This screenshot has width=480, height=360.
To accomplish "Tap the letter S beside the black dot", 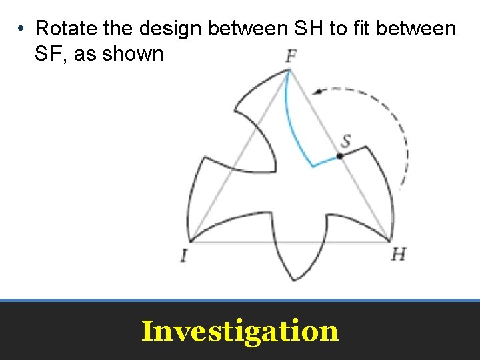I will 346,141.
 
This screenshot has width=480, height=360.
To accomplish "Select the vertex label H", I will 399,254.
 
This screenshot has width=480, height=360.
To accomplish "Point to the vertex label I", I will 183,255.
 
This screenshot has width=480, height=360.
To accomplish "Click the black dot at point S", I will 339,156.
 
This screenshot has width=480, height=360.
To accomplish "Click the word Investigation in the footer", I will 240,331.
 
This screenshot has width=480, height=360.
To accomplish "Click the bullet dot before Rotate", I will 22,29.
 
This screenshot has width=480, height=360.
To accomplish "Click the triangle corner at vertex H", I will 389,241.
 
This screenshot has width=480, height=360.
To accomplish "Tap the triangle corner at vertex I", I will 191,241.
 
